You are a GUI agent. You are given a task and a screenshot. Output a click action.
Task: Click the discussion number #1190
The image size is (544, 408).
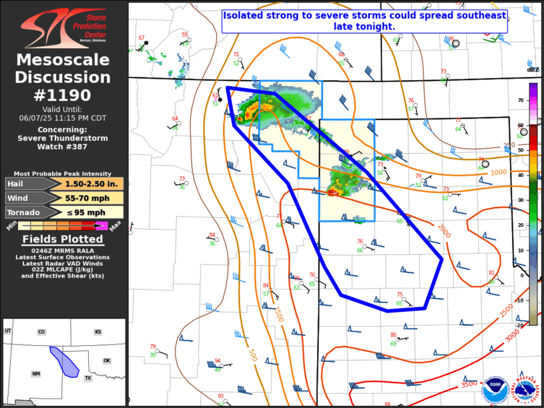[x=63, y=94]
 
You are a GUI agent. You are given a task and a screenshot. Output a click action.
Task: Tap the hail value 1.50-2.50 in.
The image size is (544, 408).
[x=92, y=184]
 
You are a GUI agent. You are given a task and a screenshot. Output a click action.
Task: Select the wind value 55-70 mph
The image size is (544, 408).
[x=92, y=198]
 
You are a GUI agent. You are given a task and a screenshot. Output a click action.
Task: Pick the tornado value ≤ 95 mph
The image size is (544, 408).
[x=92, y=212]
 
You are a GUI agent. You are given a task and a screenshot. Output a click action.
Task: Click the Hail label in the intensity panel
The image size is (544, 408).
[x=16, y=184]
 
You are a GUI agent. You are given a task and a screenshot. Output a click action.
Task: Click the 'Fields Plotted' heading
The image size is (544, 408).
[x=63, y=239]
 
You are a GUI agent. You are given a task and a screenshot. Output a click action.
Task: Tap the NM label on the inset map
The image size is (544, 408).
[x=36, y=374]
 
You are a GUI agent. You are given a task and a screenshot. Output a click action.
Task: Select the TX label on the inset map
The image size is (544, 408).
[x=87, y=378]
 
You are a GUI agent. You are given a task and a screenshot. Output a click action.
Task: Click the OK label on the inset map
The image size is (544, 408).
[x=106, y=361]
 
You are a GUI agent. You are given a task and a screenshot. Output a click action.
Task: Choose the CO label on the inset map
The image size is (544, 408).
[x=41, y=332]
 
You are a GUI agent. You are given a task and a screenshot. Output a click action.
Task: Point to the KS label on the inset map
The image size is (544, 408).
[x=97, y=332]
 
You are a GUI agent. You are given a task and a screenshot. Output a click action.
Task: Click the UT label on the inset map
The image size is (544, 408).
[x=8, y=331]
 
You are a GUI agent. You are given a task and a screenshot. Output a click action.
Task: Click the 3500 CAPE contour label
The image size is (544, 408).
[x=469, y=384]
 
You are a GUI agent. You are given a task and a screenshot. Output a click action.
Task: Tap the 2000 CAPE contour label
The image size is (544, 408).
[x=444, y=230]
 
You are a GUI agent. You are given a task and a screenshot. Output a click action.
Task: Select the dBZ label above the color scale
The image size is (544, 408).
[x=533, y=69]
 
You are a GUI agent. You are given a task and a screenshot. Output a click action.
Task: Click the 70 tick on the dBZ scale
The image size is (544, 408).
[x=521, y=100]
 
